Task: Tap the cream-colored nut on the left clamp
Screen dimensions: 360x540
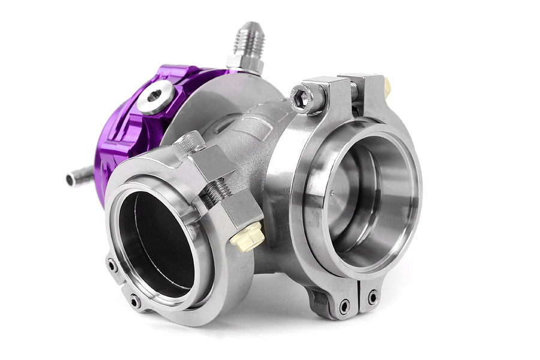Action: [247, 236]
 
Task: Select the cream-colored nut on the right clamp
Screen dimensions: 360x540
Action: [387, 88]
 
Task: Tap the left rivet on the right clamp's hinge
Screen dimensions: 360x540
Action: [344, 306]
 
